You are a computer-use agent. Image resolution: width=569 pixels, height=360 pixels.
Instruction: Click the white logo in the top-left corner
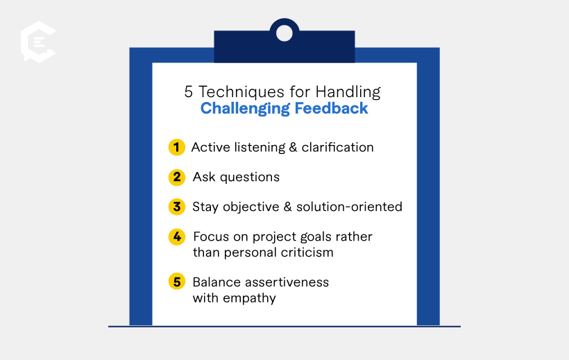click(x=37, y=42)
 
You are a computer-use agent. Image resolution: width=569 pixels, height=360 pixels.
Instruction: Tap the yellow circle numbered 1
click(x=177, y=147)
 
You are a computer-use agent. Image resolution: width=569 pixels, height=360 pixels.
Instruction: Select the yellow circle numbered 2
click(x=177, y=177)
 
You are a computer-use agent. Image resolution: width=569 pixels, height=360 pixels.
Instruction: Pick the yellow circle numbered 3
click(x=177, y=207)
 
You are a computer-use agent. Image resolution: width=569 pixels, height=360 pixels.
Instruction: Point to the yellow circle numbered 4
click(x=177, y=237)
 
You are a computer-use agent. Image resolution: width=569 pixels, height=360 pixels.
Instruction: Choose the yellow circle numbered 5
click(x=177, y=282)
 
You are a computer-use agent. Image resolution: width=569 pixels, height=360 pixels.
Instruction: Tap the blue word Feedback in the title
click(x=331, y=109)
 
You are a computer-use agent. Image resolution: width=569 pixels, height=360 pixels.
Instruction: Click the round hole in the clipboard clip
click(x=284, y=32)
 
